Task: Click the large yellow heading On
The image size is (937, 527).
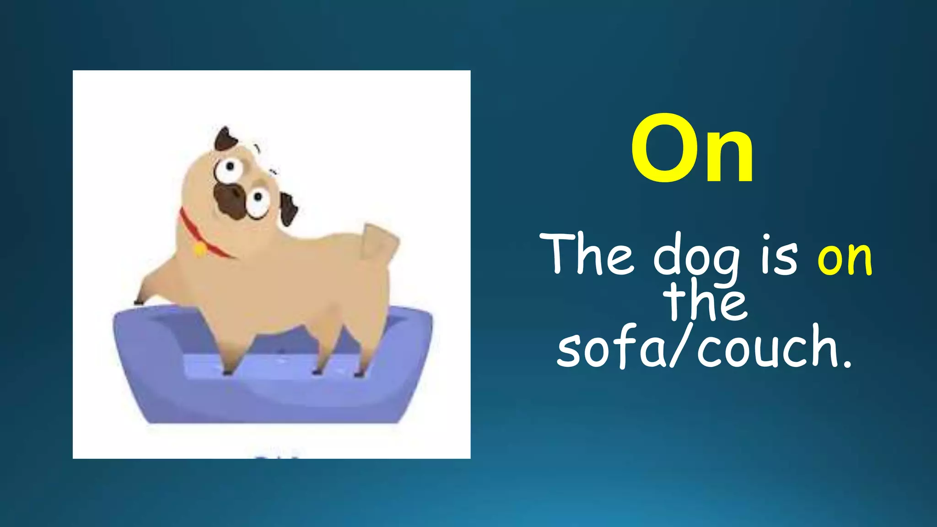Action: (x=692, y=149)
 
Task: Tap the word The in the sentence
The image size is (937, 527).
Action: (x=587, y=255)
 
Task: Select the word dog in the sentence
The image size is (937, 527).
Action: (x=696, y=258)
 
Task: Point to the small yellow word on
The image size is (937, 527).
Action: (x=845, y=259)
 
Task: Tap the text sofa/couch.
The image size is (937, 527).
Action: (x=705, y=348)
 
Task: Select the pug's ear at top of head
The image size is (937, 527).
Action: (x=226, y=139)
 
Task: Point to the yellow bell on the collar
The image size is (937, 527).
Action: (x=200, y=249)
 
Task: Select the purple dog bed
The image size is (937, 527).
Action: (x=275, y=393)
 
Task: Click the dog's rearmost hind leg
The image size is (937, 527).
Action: (x=366, y=348)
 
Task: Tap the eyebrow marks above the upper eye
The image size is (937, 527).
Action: (x=258, y=148)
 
